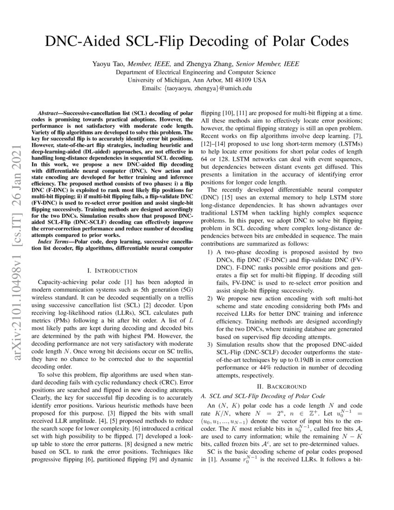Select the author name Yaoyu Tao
pos(110,64)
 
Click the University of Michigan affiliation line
pos(197,80)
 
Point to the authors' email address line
pos(197,88)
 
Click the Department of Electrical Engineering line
pos(197,72)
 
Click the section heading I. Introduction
pos(112,270)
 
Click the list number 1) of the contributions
pos(210,252)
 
